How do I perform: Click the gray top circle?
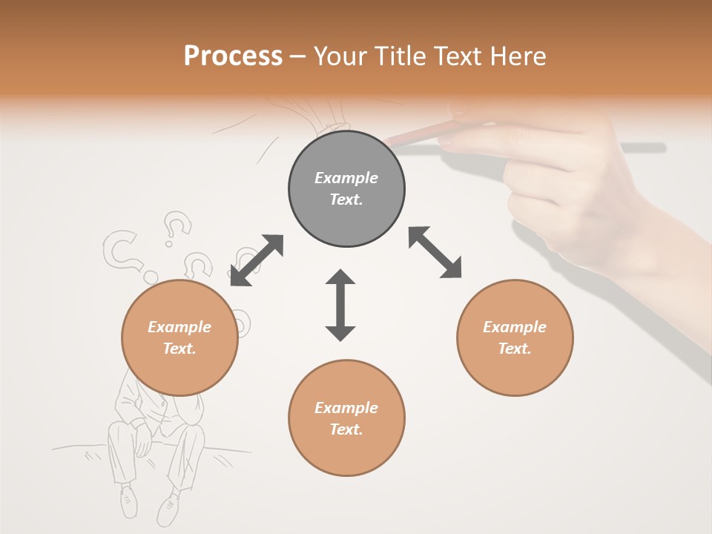(346, 189)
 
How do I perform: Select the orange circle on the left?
(179, 337)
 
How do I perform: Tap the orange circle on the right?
(515, 337)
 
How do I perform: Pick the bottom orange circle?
(346, 418)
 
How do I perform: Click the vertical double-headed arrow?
(340, 305)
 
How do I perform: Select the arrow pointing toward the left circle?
(257, 260)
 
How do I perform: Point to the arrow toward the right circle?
(435, 252)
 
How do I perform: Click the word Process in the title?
(233, 56)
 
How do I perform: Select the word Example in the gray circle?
(346, 178)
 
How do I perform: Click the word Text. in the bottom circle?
(346, 429)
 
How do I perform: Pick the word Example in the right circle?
(515, 327)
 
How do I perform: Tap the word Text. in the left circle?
(179, 349)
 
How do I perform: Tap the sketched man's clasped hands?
(142, 442)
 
